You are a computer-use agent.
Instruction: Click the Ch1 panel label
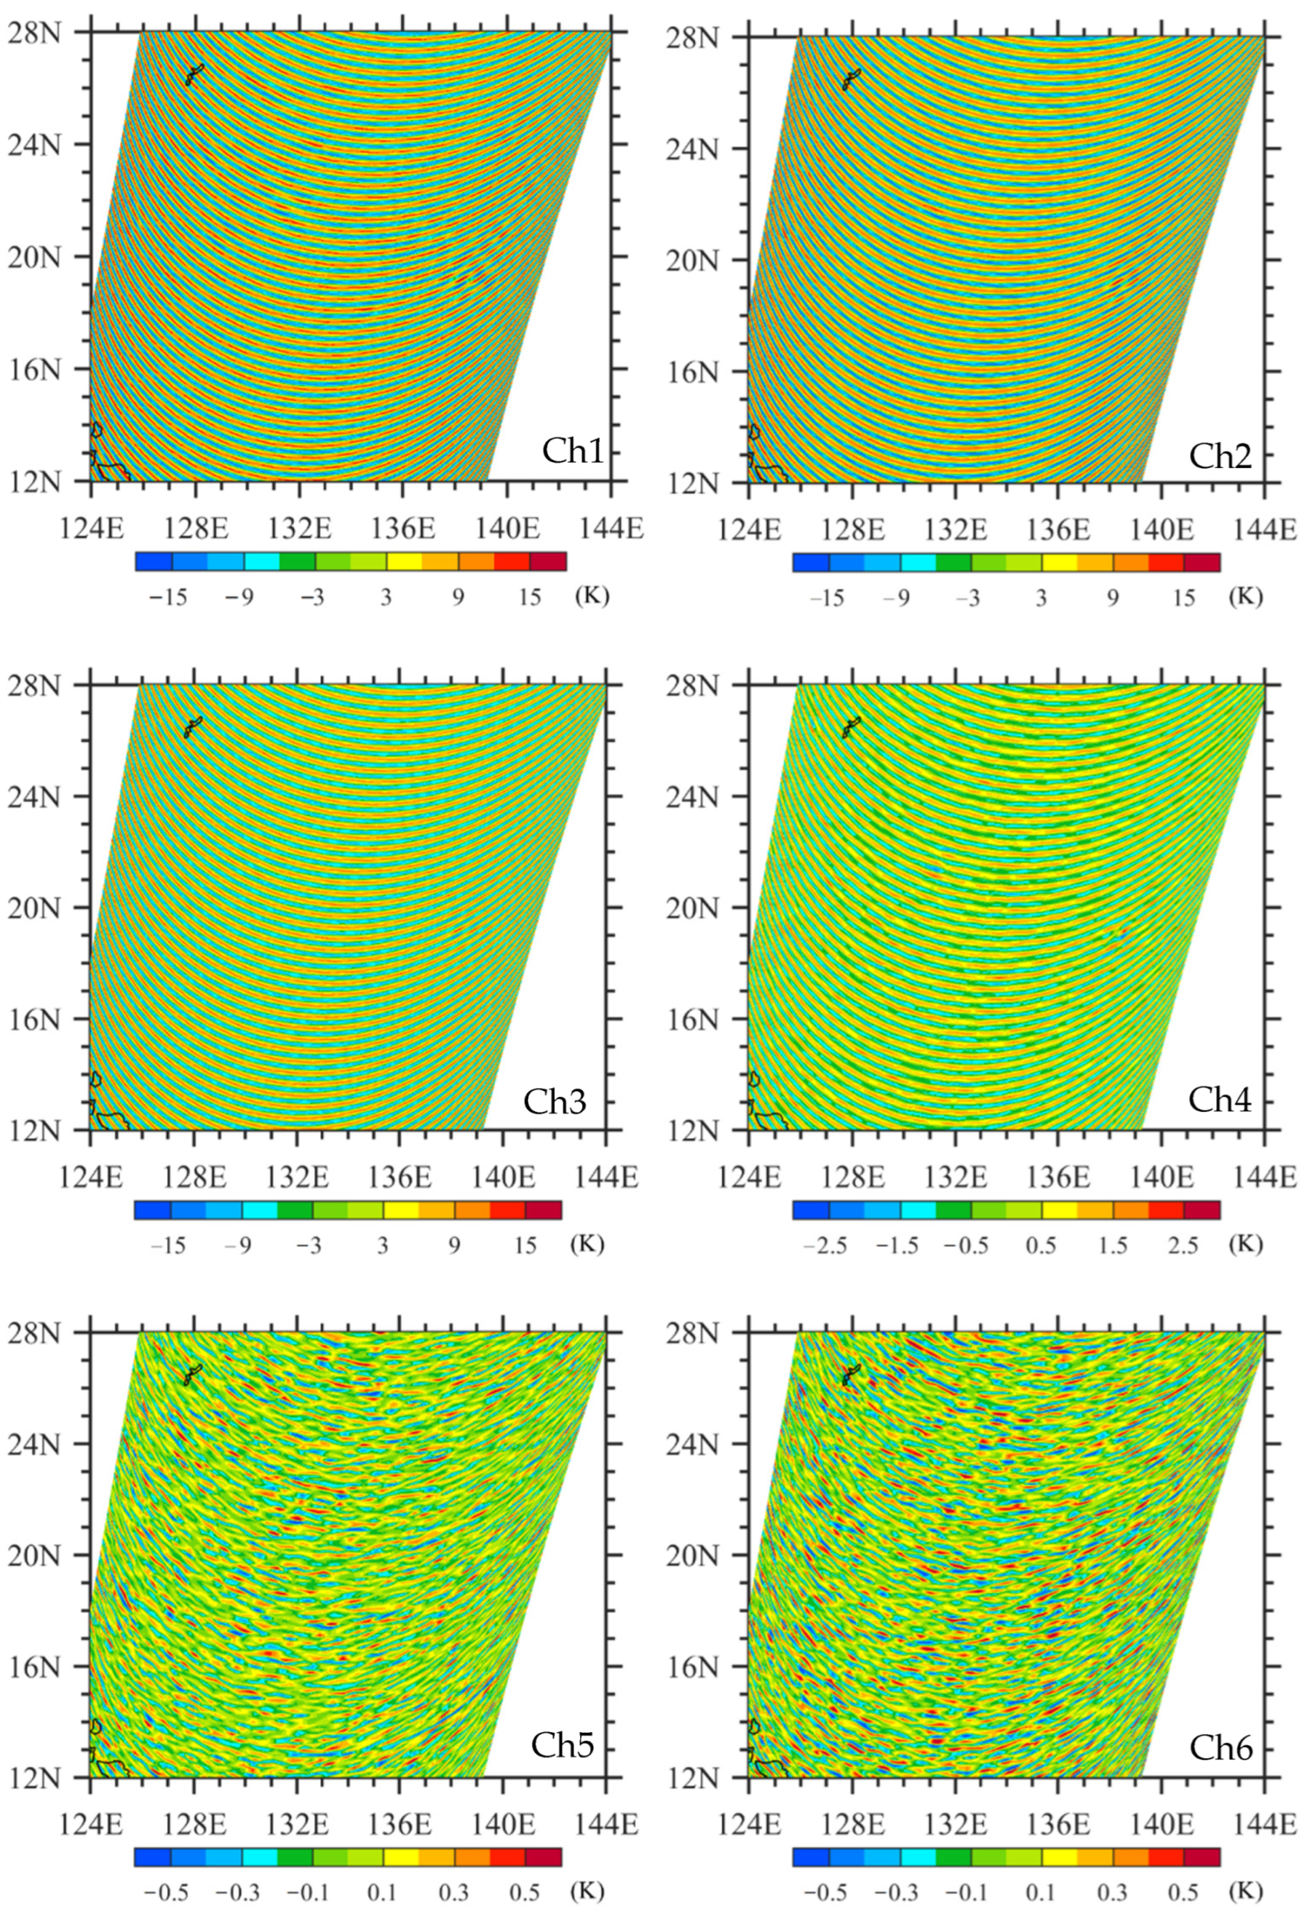574,452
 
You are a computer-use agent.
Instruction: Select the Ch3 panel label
555,1101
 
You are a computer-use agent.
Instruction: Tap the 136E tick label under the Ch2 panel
1058,528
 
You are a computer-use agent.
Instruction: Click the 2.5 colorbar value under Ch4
1183,1246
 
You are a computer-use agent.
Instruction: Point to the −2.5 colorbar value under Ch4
825,1246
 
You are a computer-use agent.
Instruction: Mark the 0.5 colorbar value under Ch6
1183,1892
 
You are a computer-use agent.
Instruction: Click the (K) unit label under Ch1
592,595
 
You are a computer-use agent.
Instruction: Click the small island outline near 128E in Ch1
195,75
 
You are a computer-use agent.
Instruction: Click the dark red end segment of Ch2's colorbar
1202,562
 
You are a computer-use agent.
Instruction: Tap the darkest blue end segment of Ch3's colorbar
151,1210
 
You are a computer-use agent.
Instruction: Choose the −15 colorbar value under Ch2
827,598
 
